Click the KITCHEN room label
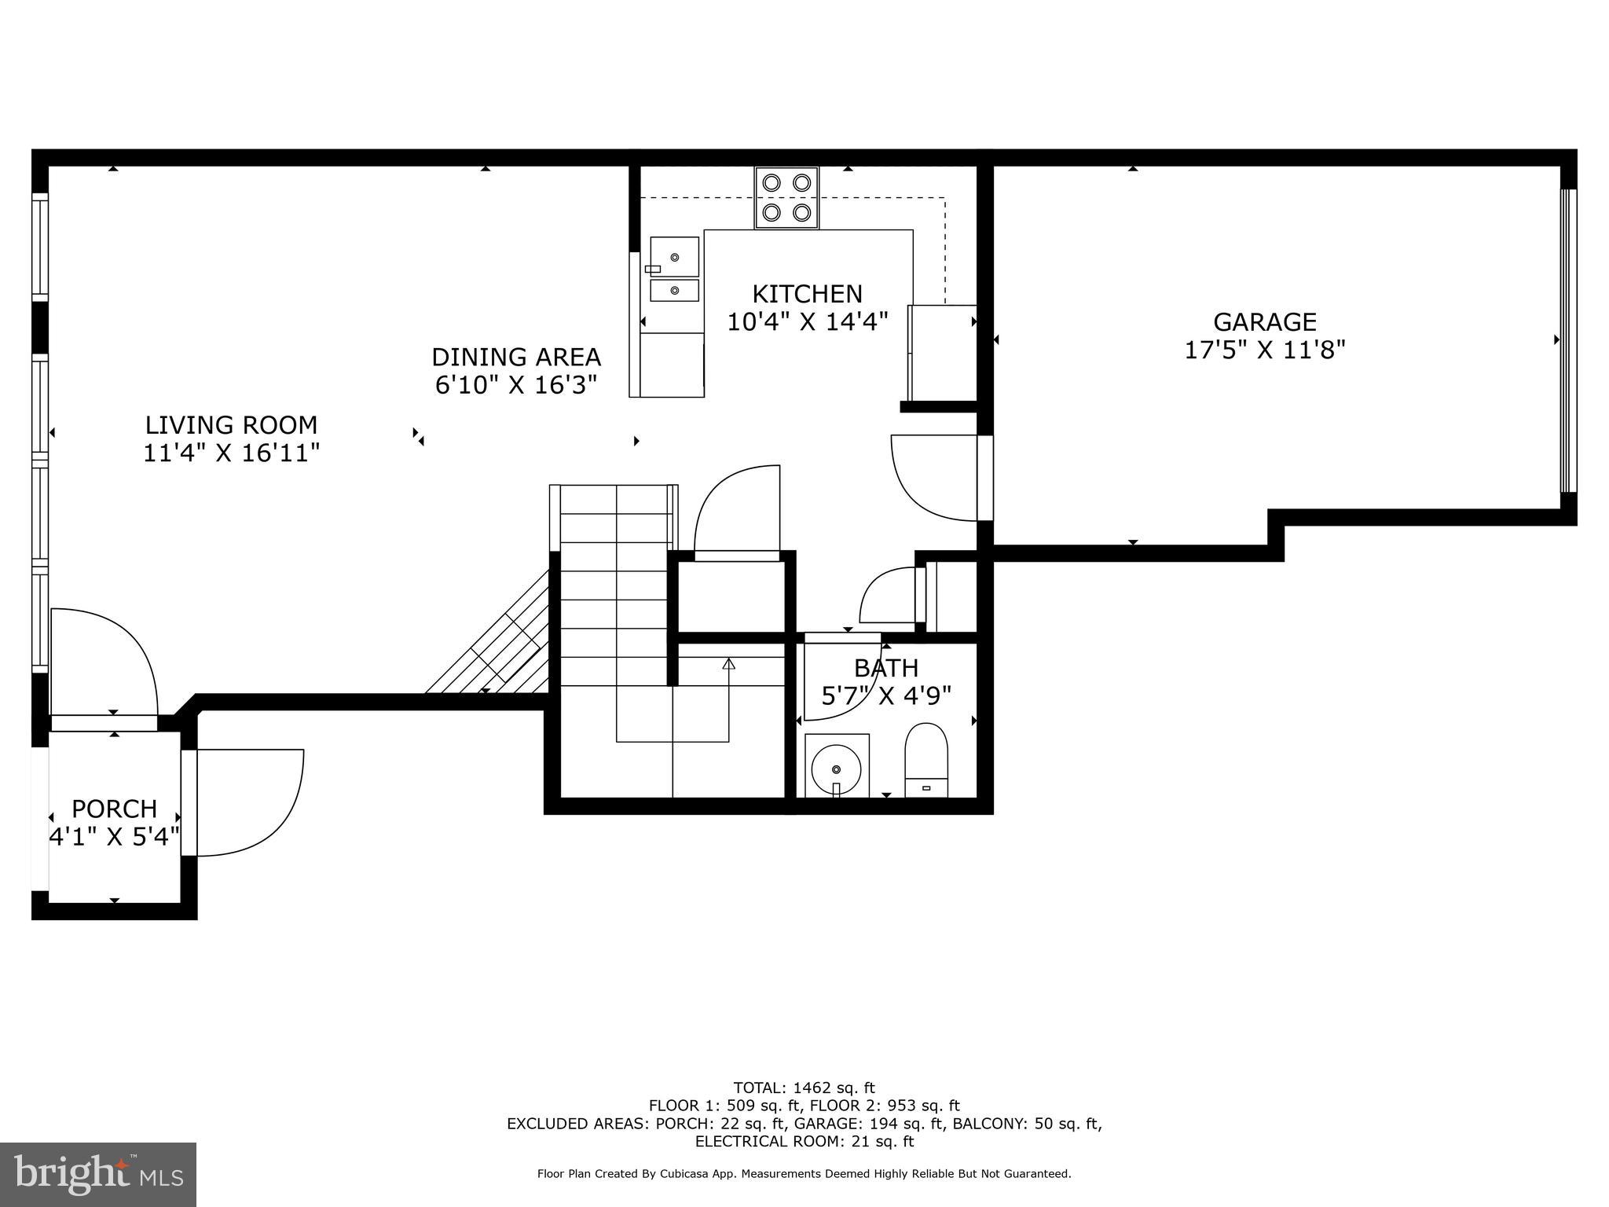pyautogui.click(x=807, y=294)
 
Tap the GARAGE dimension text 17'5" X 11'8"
pyautogui.click(x=1265, y=350)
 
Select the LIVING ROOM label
pyautogui.click(x=231, y=425)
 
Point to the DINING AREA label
pyautogui.click(x=515, y=358)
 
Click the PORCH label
pyautogui.click(x=115, y=809)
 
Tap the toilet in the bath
pyautogui.click(x=926, y=760)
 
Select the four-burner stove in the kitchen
pyautogui.click(x=786, y=198)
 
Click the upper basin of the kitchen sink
pyautogui.click(x=674, y=257)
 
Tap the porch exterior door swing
pyautogui.click(x=247, y=802)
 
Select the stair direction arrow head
pyautogui.click(x=728, y=664)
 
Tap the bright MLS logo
pyautogui.click(x=98, y=1174)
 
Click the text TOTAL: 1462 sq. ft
pyautogui.click(x=804, y=1088)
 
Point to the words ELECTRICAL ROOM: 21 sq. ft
pyautogui.click(x=804, y=1142)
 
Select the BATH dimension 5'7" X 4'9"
pyautogui.click(x=886, y=695)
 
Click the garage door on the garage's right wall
pyautogui.click(x=1567, y=340)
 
